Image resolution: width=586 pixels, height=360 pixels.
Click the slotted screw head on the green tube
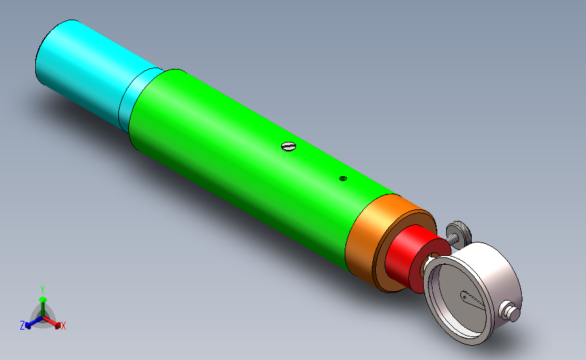(x=289, y=146)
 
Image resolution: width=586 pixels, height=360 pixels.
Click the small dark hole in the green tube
(x=343, y=178)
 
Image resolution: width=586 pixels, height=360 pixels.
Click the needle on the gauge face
(x=472, y=299)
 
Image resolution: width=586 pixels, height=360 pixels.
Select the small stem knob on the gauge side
(x=510, y=311)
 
